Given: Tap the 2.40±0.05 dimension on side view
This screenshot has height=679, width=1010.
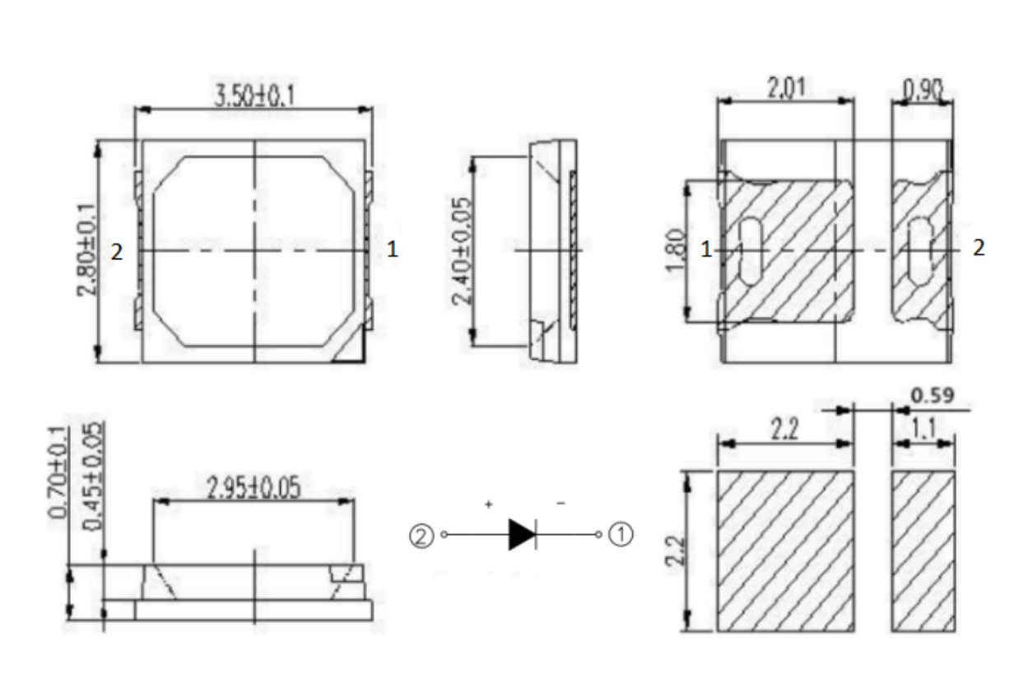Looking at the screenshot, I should pyautogui.click(x=463, y=251).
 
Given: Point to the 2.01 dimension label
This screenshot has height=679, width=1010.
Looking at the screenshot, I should pyautogui.click(x=786, y=88).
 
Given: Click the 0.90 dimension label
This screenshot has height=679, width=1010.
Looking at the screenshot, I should pyautogui.click(x=923, y=88).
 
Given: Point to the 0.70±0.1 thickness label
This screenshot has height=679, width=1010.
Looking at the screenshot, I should pyautogui.click(x=58, y=474).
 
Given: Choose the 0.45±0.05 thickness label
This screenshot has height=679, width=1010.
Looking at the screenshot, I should pyautogui.click(x=93, y=477).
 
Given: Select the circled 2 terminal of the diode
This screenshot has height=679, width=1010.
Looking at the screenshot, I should pyautogui.click(x=420, y=536).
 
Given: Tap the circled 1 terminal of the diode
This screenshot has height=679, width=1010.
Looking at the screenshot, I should pyautogui.click(x=621, y=535).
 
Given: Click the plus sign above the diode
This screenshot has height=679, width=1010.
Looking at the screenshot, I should pyautogui.click(x=489, y=504).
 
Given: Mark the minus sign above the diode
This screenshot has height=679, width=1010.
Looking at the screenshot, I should pyautogui.click(x=561, y=504).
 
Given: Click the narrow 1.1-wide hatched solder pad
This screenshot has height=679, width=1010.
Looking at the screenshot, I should pyautogui.click(x=923, y=551).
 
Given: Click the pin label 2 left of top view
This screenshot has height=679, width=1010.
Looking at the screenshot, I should pyautogui.click(x=118, y=253).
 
